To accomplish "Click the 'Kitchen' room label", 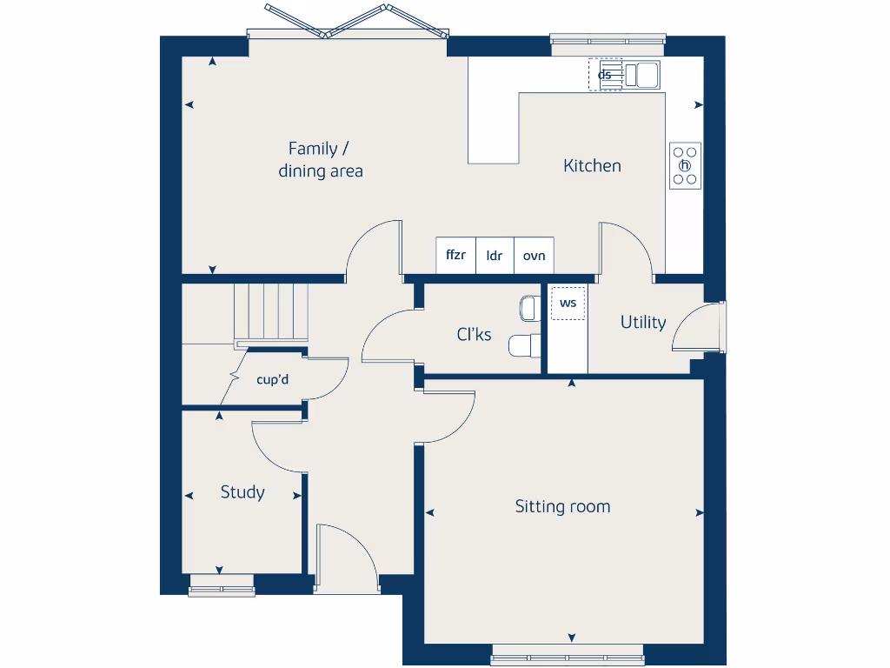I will pyautogui.click(x=592, y=165).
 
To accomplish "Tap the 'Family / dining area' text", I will pyautogui.click(x=320, y=160).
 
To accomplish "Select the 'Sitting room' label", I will pyautogui.click(x=562, y=506).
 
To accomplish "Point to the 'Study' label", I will pyautogui.click(x=242, y=492).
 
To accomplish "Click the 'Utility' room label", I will pyautogui.click(x=643, y=322).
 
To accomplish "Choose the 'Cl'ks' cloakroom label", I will pyautogui.click(x=474, y=334).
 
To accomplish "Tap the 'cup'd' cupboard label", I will pyautogui.click(x=273, y=379).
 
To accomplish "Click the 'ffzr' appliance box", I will pyautogui.click(x=456, y=256).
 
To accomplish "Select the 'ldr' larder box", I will pyautogui.click(x=495, y=256).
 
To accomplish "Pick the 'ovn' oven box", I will pyautogui.click(x=534, y=256).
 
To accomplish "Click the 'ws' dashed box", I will pyautogui.click(x=568, y=304).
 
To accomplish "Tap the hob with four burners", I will pyautogui.click(x=685, y=165).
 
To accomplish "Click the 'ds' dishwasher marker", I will pyautogui.click(x=605, y=75).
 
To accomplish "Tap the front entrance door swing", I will pyautogui.click(x=346, y=558).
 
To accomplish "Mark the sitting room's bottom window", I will pyautogui.click(x=568, y=654).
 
